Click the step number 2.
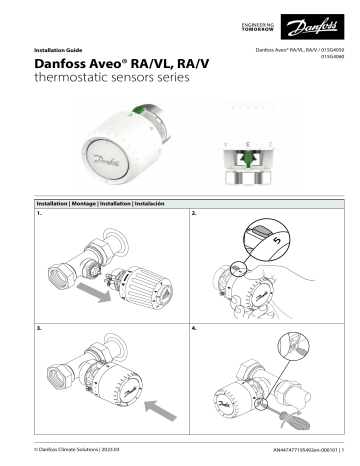pos(193,214)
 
